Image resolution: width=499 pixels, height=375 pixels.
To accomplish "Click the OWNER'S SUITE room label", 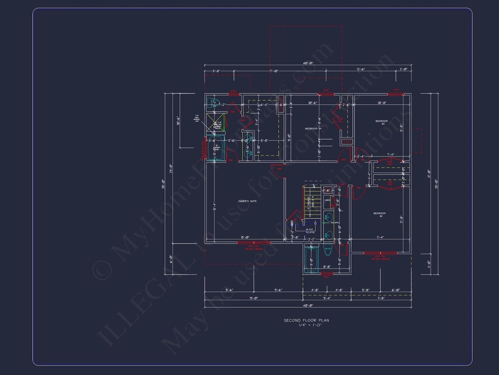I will (x=247, y=201).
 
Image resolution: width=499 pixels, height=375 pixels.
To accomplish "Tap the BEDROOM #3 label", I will (x=382, y=122).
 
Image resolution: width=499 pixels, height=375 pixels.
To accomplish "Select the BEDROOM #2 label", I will (x=380, y=214).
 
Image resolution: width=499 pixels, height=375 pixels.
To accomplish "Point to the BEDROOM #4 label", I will (x=313, y=129).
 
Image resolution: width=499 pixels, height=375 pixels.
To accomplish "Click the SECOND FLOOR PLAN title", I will (x=306, y=320).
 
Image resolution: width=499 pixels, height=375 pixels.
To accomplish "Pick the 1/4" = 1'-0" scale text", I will (x=310, y=325).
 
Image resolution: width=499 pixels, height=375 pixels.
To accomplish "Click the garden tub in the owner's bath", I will (x=216, y=149).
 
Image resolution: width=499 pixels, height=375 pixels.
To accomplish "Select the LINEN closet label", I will (x=327, y=200).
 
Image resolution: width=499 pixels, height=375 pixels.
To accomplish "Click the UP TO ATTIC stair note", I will (x=310, y=231).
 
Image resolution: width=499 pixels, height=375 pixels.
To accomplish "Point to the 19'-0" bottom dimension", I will (x=253, y=298).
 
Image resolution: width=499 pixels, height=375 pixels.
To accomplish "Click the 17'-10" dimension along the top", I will (x=273, y=71).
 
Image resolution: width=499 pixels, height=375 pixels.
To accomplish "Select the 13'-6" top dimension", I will (x=361, y=69).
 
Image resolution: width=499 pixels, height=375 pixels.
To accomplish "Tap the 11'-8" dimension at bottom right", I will (x=381, y=298).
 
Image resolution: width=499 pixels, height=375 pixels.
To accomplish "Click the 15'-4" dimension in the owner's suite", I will (x=215, y=207).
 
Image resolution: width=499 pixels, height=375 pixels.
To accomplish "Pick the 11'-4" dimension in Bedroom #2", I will (x=380, y=237).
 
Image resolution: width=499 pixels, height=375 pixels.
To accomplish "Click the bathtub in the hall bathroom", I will (x=311, y=259).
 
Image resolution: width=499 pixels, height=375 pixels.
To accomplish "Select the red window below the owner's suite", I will (x=253, y=243).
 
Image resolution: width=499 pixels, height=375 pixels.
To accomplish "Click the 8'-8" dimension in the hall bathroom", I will (x=327, y=267).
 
